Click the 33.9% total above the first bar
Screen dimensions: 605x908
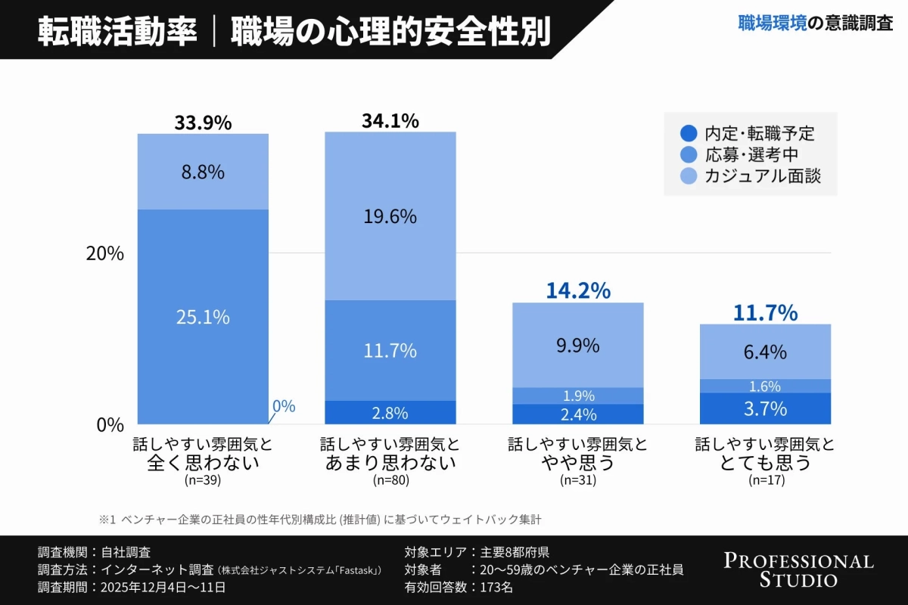(x=203, y=123)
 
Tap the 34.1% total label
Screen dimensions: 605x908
(x=390, y=121)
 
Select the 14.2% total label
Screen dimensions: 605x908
(x=578, y=291)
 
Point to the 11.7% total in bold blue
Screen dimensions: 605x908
(x=766, y=312)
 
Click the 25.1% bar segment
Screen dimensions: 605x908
(x=203, y=317)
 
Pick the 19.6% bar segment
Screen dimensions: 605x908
(x=390, y=216)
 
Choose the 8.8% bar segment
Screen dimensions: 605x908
(x=203, y=172)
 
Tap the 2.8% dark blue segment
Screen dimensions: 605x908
(x=390, y=413)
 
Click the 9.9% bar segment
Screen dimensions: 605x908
(x=578, y=346)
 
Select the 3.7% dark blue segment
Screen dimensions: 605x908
(x=766, y=408)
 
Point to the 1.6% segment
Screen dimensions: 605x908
(x=766, y=386)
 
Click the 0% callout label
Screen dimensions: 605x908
(x=284, y=406)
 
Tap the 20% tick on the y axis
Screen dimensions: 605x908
(x=104, y=253)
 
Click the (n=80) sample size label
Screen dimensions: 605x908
(x=390, y=479)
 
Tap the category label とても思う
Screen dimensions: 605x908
(x=766, y=462)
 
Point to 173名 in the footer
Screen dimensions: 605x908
(x=496, y=587)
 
